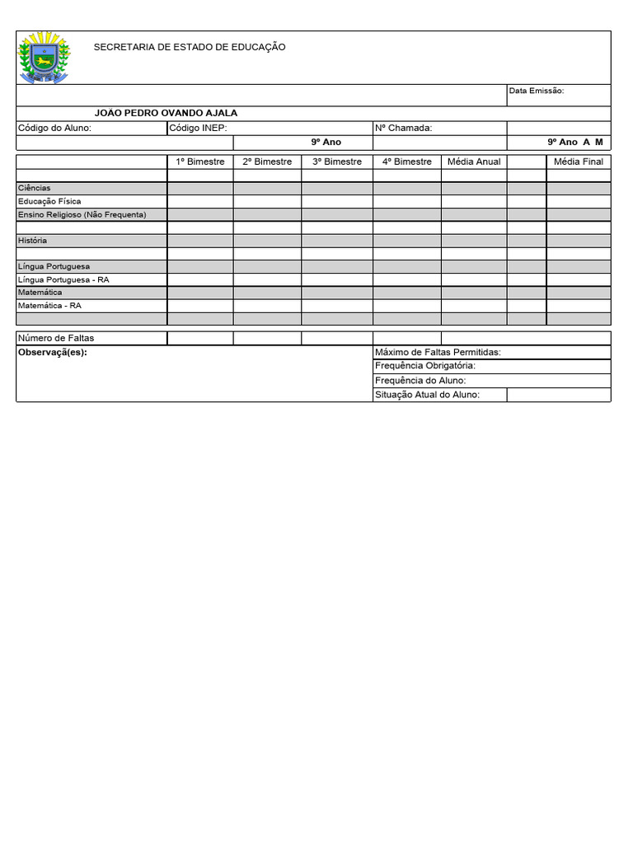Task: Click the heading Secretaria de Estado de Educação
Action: pyautogui.click(x=190, y=47)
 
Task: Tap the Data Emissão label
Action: pyautogui.click(x=536, y=91)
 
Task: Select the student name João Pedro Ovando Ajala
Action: pyautogui.click(x=166, y=113)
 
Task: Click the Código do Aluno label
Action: pyautogui.click(x=54, y=128)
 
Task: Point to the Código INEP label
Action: pyautogui.click(x=198, y=128)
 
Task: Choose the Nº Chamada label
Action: pyautogui.click(x=403, y=128)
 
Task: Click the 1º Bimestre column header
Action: pyautogui.click(x=200, y=162)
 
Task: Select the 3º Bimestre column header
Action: pyautogui.click(x=337, y=162)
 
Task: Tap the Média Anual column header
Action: pyautogui.click(x=474, y=162)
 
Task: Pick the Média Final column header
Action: pyautogui.click(x=579, y=162)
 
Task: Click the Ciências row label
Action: pyautogui.click(x=35, y=188)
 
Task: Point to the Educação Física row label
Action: pyautogui.click(x=49, y=201)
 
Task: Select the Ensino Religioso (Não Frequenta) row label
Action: pyautogui.click(x=82, y=214)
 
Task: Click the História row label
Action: pyautogui.click(x=32, y=241)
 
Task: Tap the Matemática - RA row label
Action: pyautogui.click(x=49, y=305)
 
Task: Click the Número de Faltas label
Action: pyautogui.click(x=56, y=338)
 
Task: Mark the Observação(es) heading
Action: pyautogui.click(x=52, y=352)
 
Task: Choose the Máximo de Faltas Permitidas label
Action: pyautogui.click(x=438, y=352)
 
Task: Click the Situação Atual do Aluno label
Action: pyautogui.click(x=427, y=395)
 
